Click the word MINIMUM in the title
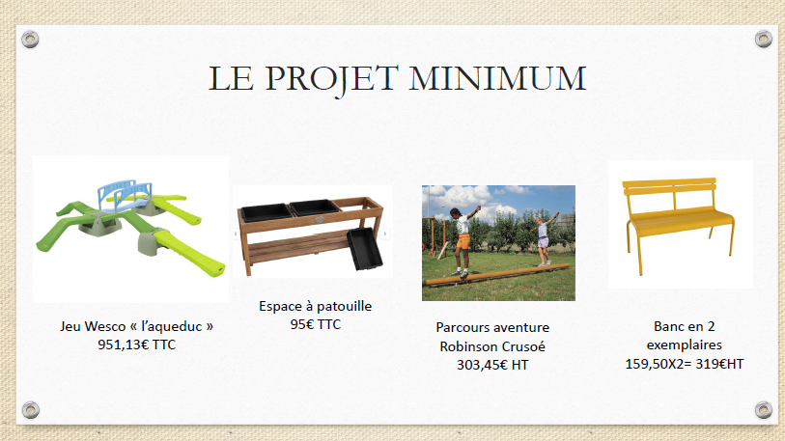pos(497,78)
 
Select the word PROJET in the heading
pos(331,80)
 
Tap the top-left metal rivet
pos(30,39)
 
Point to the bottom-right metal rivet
pos(764,410)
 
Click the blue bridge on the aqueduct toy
pos(125,194)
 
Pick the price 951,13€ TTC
pos(137,345)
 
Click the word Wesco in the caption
pos(105,326)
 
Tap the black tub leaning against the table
pos(365,249)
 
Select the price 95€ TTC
pos(316,324)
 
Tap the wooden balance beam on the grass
pos(497,275)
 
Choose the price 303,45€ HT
pos(492,365)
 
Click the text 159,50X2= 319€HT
pos(685,364)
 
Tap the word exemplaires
pos(685,345)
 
